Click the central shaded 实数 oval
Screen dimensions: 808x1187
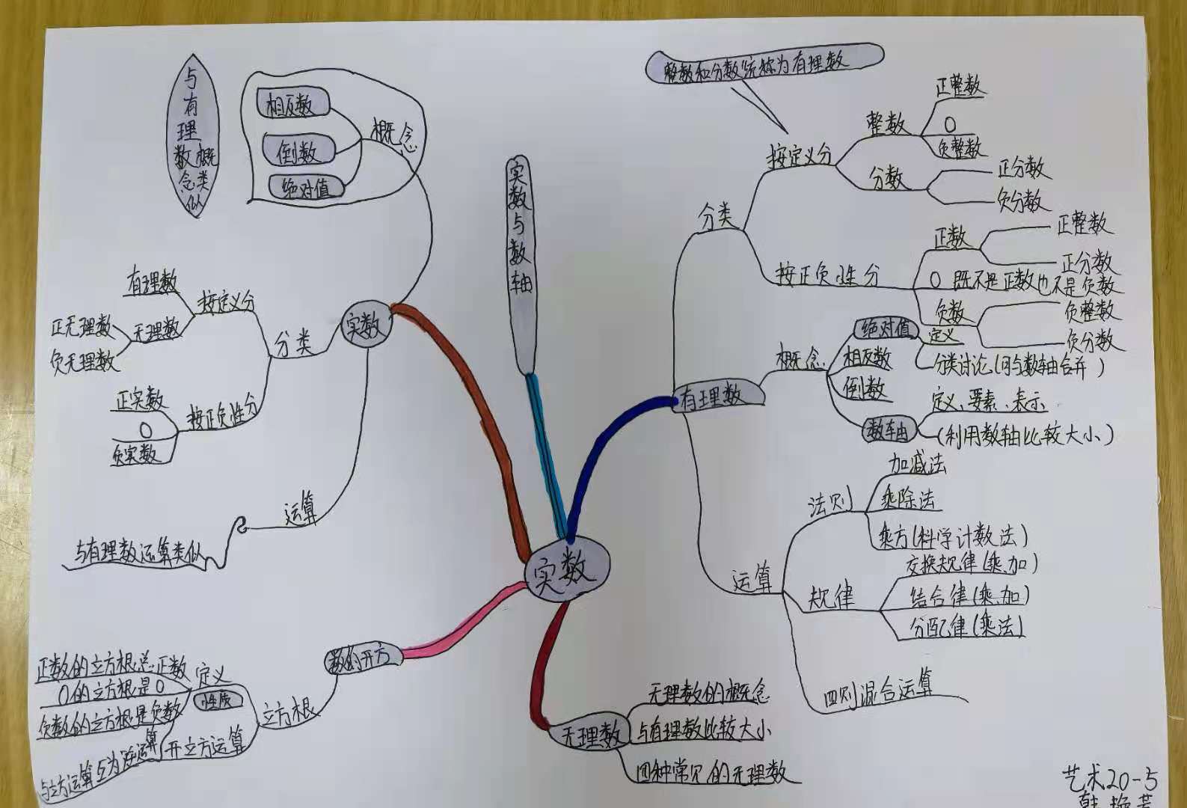coord(566,569)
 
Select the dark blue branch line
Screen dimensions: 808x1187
coord(598,456)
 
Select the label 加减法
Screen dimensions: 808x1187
coord(917,465)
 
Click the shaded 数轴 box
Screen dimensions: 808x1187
coord(887,429)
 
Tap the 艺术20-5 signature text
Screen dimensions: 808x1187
coord(1109,779)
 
